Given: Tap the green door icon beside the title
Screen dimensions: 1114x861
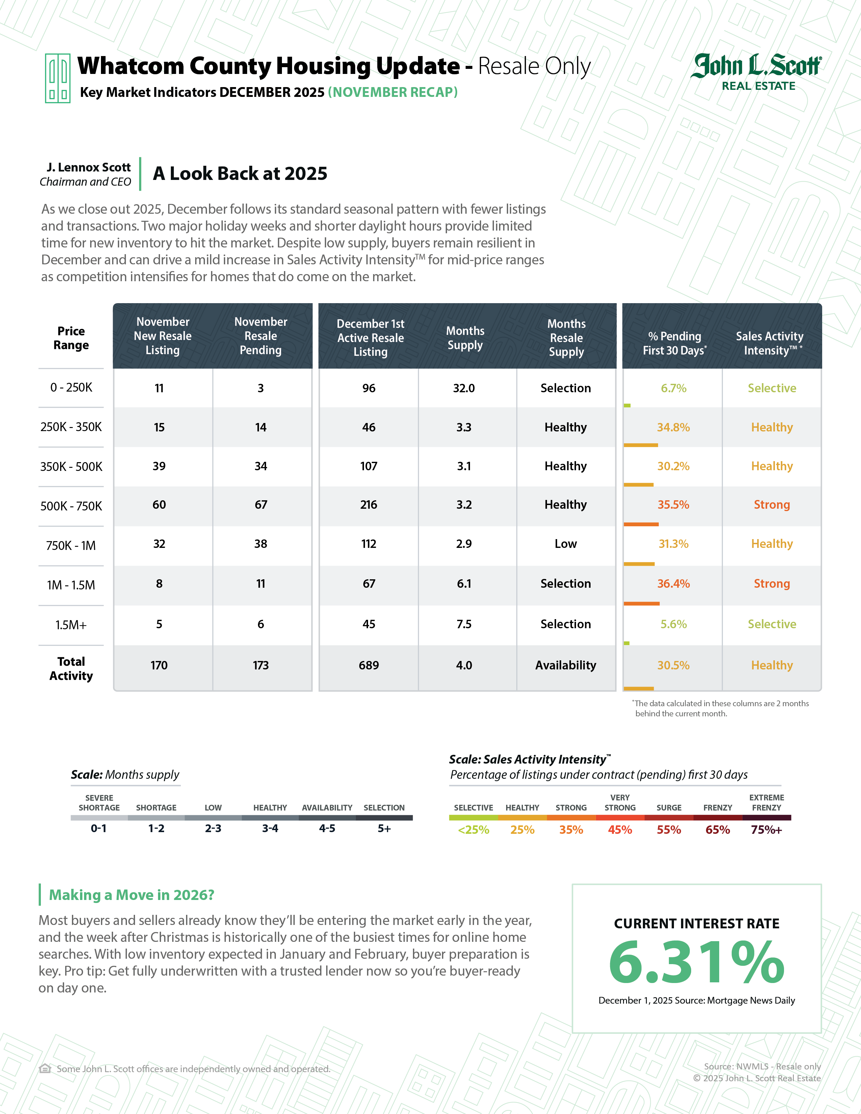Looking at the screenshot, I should [x=58, y=78].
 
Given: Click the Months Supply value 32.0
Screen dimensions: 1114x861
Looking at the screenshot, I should [x=464, y=388].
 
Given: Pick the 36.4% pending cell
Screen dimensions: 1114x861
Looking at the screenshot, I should [x=673, y=584].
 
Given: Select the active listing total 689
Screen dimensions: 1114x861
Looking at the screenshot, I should [x=368, y=665].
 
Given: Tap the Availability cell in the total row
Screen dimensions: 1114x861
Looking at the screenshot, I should [x=565, y=665].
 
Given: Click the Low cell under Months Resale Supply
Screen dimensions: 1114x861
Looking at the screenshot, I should [x=565, y=544].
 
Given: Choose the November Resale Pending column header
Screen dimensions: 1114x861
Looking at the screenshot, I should [x=261, y=336].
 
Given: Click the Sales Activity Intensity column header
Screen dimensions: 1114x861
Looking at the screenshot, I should [x=770, y=343].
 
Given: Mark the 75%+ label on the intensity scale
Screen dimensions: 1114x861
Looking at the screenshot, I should [x=766, y=830].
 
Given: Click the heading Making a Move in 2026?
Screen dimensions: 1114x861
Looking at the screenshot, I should [x=132, y=895].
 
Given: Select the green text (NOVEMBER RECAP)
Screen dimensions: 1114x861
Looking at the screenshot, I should [x=392, y=92].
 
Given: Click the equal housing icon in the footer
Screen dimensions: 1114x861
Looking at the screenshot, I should [x=45, y=1069].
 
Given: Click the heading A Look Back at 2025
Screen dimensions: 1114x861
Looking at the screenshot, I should [x=240, y=174].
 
